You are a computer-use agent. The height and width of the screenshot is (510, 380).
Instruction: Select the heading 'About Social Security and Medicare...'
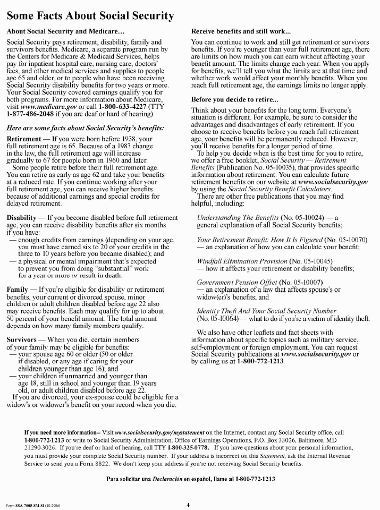[x=66, y=32]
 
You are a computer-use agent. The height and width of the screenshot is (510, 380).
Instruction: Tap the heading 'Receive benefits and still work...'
[x=241, y=32]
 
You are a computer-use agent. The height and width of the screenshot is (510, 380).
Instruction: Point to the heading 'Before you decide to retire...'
[x=237, y=99]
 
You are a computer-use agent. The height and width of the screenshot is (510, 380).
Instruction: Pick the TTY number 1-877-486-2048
[x=31, y=113]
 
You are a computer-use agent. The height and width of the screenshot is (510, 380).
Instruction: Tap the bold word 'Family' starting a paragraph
[x=18, y=289]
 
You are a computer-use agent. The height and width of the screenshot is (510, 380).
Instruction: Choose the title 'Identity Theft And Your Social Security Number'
[x=259, y=311]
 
